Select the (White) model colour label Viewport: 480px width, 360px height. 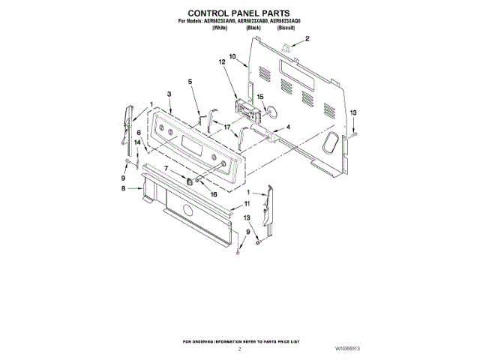(220, 27)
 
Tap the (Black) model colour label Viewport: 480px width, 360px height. (253, 27)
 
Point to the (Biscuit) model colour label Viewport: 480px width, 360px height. (286, 27)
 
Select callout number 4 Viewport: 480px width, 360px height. (288, 127)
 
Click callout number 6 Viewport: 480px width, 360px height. (139, 133)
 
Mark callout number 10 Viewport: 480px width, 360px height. (232, 55)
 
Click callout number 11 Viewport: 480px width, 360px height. (247, 203)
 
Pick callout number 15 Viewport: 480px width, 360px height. (261, 97)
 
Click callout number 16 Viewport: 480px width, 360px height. (214, 193)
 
